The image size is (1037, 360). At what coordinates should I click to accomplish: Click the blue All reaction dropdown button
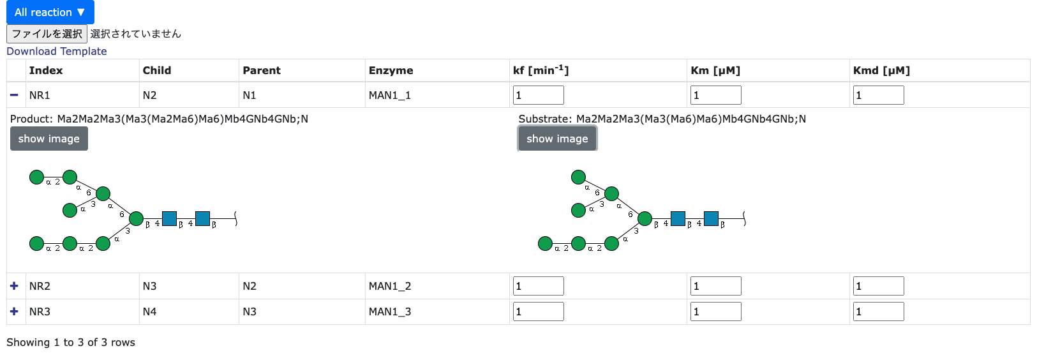tap(50, 12)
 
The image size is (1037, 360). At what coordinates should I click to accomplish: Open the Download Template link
tap(57, 51)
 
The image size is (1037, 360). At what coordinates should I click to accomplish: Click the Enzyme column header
tap(391, 70)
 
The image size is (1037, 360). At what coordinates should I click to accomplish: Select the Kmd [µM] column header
tap(881, 70)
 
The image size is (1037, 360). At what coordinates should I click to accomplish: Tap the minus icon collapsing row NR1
tap(14, 95)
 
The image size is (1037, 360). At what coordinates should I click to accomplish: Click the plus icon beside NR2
tap(14, 286)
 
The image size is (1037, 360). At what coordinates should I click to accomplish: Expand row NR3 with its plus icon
tap(14, 311)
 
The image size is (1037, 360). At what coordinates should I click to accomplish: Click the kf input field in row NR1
tap(538, 95)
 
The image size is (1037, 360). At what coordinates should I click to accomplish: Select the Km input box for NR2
tap(715, 286)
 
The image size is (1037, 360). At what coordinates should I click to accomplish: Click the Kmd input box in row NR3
tap(878, 311)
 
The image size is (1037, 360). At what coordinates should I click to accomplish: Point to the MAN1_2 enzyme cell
tap(390, 286)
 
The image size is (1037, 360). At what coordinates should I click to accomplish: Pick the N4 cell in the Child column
tap(149, 311)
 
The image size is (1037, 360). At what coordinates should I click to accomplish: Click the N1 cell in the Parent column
tap(250, 95)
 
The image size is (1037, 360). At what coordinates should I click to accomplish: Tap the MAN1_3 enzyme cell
tap(390, 311)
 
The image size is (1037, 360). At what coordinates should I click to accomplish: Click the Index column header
tap(46, 70)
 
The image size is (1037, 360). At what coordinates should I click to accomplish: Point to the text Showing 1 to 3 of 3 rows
tap(71, 342)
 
